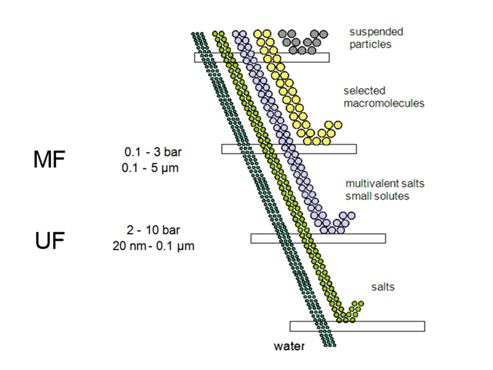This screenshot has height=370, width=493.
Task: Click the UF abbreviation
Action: pos(49,241)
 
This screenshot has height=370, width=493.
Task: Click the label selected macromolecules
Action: pos(384,97)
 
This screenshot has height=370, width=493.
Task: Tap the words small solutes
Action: pos(377,196)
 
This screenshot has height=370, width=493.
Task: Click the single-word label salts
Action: pos(383,287)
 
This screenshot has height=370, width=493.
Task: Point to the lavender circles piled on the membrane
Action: pos(336,223)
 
